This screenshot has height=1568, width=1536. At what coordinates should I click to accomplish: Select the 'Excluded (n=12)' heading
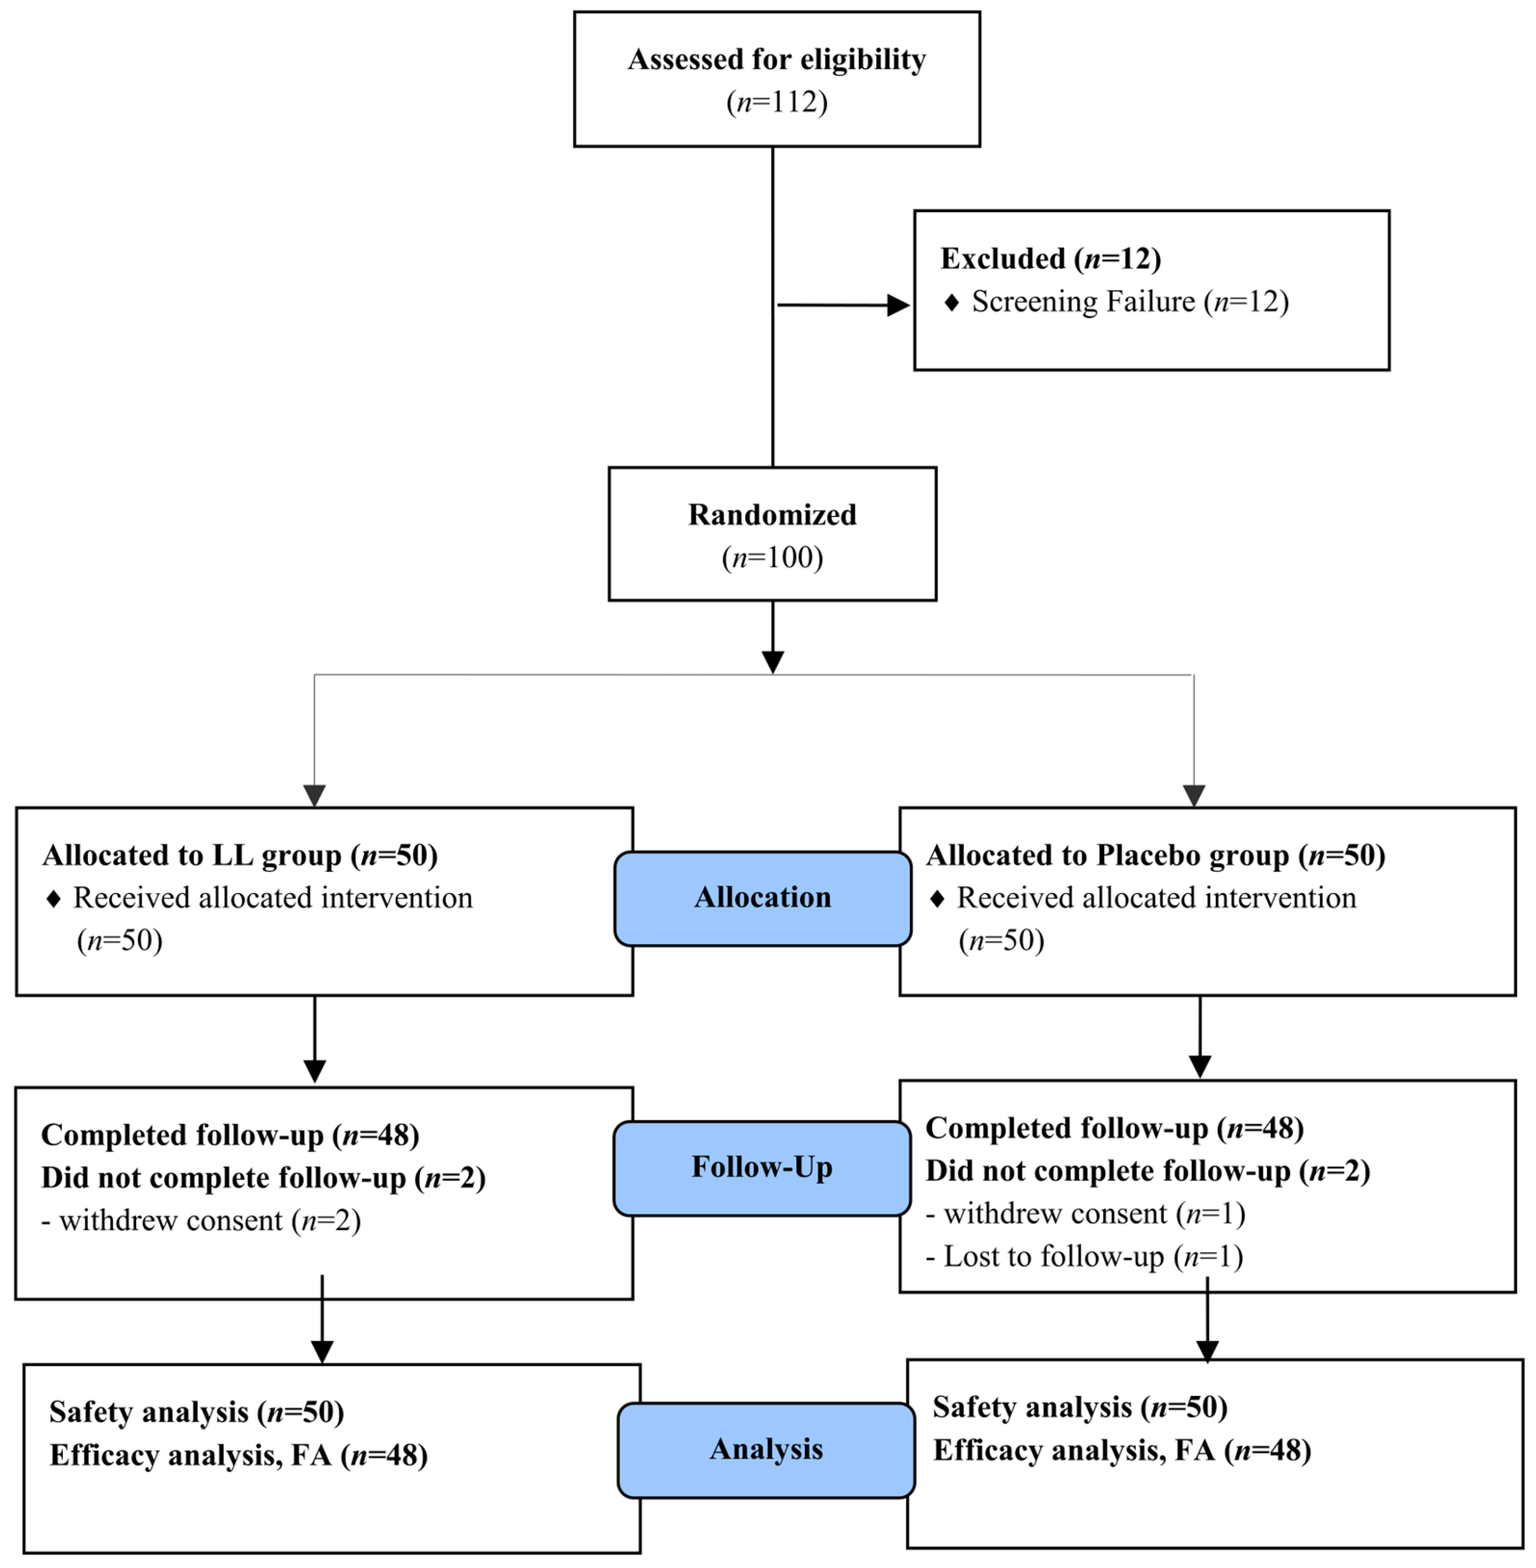tap(1051, 259)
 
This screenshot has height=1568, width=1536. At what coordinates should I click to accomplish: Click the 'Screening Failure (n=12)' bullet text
tap(1129, 302)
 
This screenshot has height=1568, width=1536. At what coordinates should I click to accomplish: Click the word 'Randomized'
tap(772, 514)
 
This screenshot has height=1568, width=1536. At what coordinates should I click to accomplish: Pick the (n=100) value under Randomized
tap(772, 557)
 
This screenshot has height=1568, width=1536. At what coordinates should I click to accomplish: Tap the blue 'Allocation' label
tap(762, 898)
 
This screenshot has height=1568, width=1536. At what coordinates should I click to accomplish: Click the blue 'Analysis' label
tap(766, 1449)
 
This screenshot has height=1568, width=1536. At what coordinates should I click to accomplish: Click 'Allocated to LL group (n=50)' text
tap(239, 855)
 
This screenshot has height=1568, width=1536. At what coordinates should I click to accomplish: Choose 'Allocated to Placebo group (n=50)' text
tap(1155, 855)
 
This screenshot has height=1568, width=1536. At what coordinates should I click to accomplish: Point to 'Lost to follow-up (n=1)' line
tap(1084, 1257)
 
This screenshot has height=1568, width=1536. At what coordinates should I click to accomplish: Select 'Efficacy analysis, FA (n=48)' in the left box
tap(238, 1456)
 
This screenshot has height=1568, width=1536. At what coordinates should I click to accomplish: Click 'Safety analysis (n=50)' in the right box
tap(1079, 1407)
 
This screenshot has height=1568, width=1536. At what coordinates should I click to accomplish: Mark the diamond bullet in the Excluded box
tap(951, 302)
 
